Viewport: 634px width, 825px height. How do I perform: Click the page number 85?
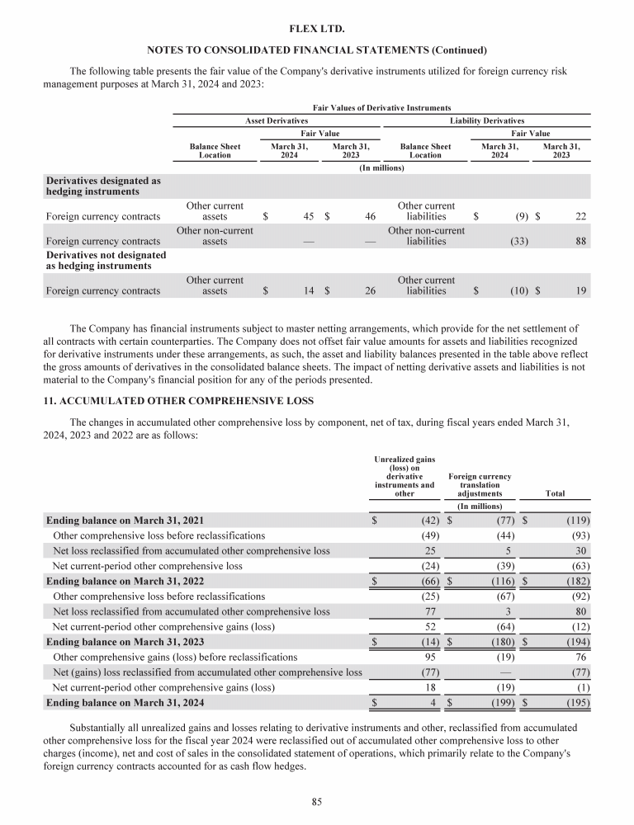coord(316,799)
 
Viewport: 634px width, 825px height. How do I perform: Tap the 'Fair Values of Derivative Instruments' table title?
coord(381,107)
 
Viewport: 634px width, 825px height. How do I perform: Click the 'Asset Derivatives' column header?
coord(277,120)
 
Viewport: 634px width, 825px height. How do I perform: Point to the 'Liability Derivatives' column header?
coord(487,120)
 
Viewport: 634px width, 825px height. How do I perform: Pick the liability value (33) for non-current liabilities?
coord(517,242)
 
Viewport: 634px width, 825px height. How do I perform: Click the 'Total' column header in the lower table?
coord(555,493)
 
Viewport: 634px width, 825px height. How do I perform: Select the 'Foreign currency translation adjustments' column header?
coord(480,485)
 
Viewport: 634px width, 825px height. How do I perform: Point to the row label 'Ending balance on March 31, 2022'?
coord(125,582)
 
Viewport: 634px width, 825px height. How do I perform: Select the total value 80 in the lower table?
coord(580,611)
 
